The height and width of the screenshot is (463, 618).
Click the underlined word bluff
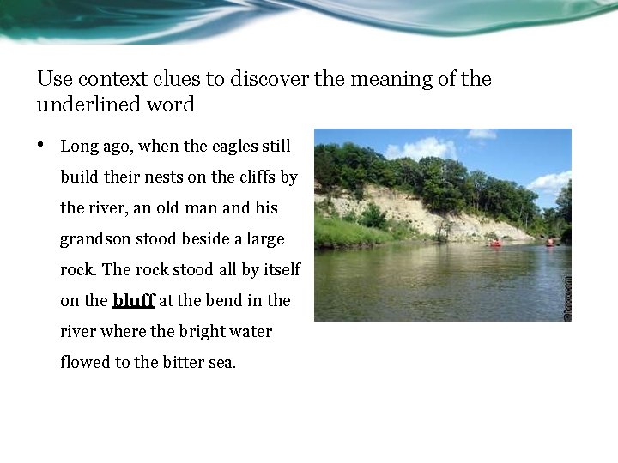133,301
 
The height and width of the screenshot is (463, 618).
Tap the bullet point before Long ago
41,145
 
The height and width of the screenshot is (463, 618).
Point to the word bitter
186,363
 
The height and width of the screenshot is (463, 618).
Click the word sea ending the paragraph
222,363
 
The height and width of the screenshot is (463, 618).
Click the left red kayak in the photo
495,244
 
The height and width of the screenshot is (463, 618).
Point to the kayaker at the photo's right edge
549,242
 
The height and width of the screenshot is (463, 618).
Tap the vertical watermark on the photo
566,298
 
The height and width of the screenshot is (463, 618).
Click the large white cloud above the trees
422,149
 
